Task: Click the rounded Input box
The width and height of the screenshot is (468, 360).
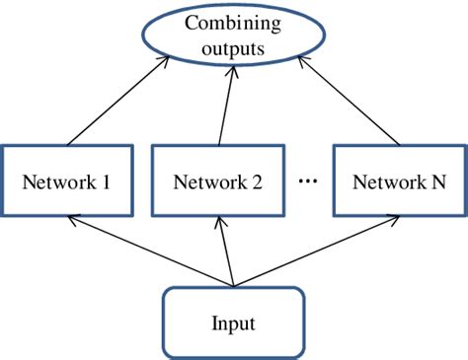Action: pyautogui.click(x=233, y=323)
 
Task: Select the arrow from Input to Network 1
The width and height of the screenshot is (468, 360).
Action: pyautogui.click(x=148, y=250)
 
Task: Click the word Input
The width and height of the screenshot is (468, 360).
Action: pyautogui.click(x=233, y=323)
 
